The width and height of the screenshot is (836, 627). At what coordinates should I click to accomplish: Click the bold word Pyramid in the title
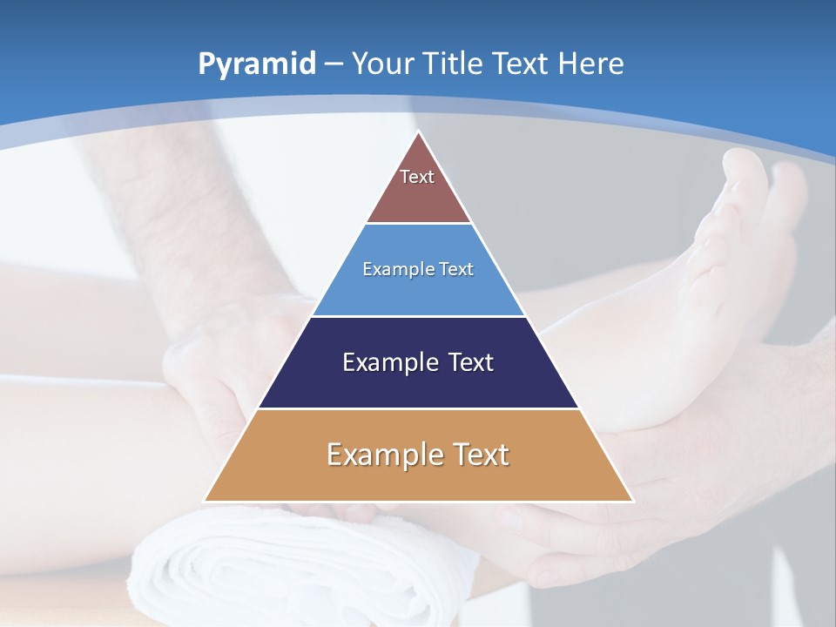(256, 64)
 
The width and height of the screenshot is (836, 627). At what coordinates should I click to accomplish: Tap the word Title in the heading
(460, 64)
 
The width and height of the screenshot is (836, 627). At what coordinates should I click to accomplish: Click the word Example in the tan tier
(375, 455)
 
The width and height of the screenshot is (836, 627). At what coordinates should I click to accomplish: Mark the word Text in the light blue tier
(456, 269)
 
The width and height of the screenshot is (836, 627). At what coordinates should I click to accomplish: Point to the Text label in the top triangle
(417, 177)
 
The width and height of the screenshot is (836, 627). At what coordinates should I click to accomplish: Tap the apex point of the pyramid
(419, 133)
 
